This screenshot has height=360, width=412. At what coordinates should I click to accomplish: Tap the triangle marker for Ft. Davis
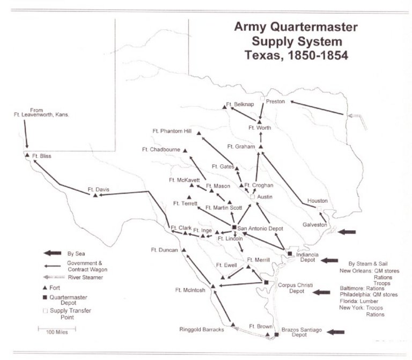pos(95,195)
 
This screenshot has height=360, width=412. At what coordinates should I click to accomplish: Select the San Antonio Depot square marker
pos(234,227)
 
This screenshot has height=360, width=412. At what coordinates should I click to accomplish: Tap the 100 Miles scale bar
pos(56,327)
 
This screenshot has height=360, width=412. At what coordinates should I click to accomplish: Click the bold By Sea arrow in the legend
pos(54,252)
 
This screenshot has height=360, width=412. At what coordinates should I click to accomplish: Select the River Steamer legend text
pos(85,277)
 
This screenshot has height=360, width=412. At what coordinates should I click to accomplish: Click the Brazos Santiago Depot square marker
pos(277,335)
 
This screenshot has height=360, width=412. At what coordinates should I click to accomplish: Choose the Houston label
pos(318,201)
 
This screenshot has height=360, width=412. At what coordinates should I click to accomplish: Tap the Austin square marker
pos(252,197)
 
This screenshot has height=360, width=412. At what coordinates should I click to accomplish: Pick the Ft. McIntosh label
pos(190,290)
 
